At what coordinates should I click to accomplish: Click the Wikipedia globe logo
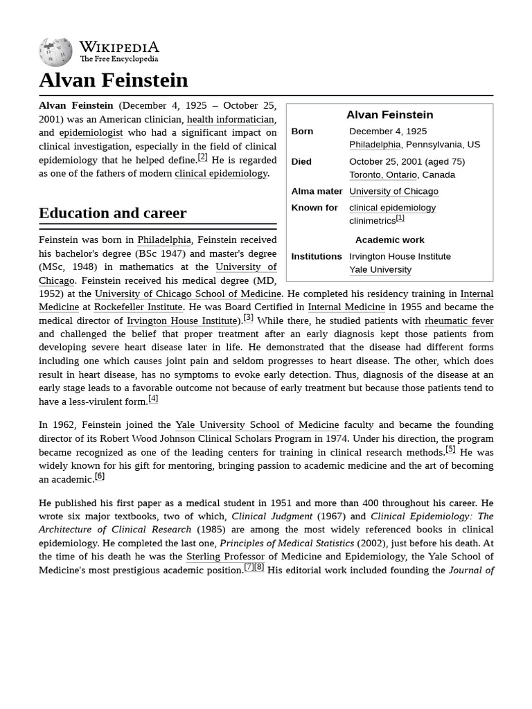[x=55, y=52]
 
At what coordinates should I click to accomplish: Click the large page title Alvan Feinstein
[x=113, y=80]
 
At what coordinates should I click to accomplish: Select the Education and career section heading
[x=112, y=213]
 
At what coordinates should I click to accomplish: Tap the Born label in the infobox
[x=302, y=131]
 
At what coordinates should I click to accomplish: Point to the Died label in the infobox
[x=301, y=161]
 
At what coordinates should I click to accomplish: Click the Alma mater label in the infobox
[x=317, y=191]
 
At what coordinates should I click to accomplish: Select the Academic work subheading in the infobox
[x=389, y=240]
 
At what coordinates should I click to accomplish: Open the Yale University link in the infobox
[x=380, y=269]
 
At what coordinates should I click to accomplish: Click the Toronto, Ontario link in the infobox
[x=382, y=174]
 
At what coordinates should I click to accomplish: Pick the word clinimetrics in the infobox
[x=372, y=221]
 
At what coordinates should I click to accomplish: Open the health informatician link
[x=231, y=119]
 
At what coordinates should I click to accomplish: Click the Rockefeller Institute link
[x=138, y=307]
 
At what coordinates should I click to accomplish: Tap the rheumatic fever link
[x=459, y=321]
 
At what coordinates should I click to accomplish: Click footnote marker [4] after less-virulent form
[x=153, y=399]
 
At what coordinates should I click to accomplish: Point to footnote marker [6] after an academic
[x=100, y=476]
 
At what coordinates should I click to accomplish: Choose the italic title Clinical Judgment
[x=272, y=516]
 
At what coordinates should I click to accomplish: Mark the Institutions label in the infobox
[x=316, y=256]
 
